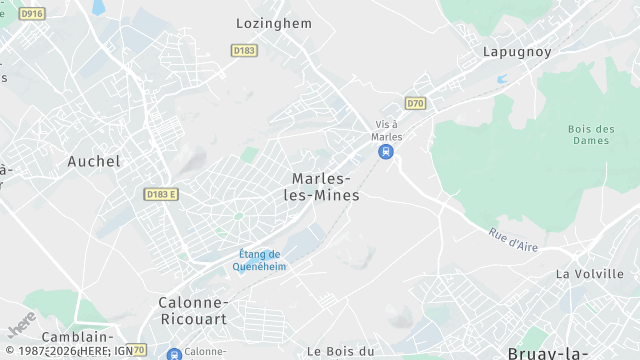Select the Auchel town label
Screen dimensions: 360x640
click(94, 161)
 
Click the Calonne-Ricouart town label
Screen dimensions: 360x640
click(193, 310)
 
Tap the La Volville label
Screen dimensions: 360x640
click(590, 274)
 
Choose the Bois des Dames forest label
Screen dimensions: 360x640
click(590, 134)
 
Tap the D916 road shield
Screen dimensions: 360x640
click(32, 13)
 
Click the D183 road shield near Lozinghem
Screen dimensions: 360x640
click(243, 49)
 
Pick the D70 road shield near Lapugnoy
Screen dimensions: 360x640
click(415, 102)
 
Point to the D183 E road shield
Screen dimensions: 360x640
click(160, 194)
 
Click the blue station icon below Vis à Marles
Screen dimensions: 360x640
click(385, 152)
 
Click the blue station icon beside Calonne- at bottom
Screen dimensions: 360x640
click(174, 353)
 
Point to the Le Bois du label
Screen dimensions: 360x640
click(340, 351)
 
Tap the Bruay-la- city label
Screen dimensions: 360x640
click(547, 353)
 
